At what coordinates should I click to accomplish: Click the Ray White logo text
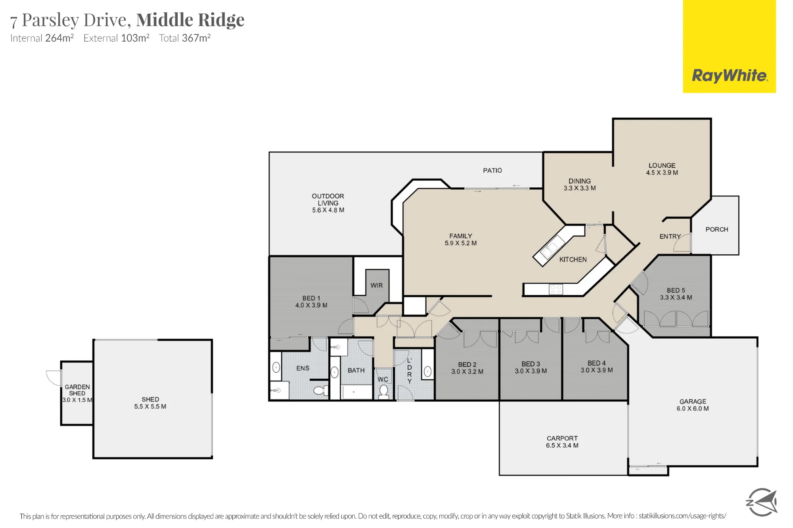(x=730, y=75)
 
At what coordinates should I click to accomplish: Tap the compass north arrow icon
(x=762, y=502)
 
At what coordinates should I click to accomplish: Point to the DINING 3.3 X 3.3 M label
(x=580, y=185)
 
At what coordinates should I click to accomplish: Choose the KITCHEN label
(x=573, y=259)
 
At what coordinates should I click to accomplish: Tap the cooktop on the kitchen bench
(x=556, y=289)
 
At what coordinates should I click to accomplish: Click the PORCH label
(x=717, y=229)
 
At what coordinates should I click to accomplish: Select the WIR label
(x=377, y=285)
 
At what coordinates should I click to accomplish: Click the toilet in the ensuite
(x=321, y=391)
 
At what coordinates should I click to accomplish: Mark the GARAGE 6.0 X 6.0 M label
(x=693, y=405)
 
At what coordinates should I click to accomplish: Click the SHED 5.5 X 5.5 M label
(x=150, y=403)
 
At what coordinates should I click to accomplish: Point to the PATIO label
(x=492, y=170)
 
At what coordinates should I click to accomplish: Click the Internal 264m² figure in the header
(x=42, y=38)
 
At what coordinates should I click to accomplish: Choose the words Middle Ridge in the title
(x=190, y=20)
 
